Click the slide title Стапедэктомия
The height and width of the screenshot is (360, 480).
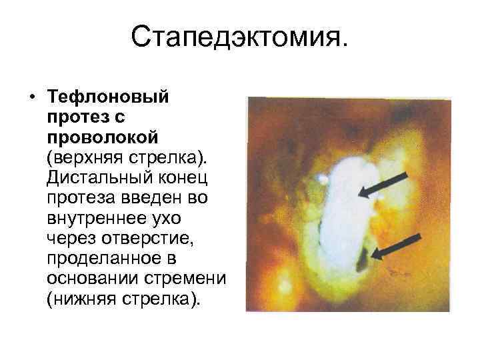tap(239, 39)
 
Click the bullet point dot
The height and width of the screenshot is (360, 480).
tap(31, 98)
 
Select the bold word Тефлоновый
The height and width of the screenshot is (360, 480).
tap(108, 98)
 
